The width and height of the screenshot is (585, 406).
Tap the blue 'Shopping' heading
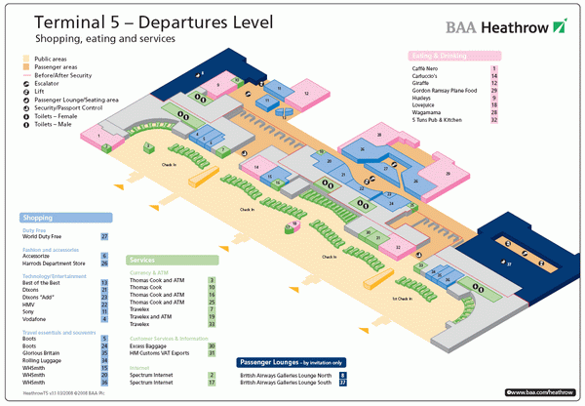point(37,218)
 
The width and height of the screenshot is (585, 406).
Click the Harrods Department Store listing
point(56,263)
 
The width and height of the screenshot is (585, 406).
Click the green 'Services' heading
point(143,261)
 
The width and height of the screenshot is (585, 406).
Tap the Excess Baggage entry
point(150,345)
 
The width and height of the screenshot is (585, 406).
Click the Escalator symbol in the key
point(26,84)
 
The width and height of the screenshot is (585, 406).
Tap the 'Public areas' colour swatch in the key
point(26,59)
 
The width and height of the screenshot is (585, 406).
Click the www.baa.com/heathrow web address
point(541,392)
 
